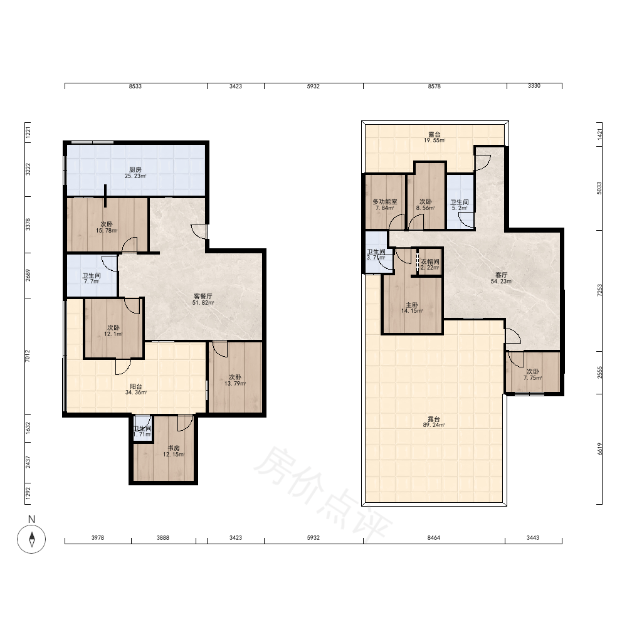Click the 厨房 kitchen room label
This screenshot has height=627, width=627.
coord(135,169)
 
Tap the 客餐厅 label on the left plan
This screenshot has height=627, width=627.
coord(203,297)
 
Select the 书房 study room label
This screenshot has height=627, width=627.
coord(174,448)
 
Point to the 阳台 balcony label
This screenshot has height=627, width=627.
coord(136,386)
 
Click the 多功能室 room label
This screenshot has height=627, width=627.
coord(385,201)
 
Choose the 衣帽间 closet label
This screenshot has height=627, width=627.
coord(430,261)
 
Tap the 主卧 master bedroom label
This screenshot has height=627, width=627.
coord(412,305)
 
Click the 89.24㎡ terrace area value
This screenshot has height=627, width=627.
coord(434,425)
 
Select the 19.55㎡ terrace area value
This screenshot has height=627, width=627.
coord(435,140)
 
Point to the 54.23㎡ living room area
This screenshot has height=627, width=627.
coord(502,281)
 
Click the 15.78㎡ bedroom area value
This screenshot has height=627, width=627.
coord(107,230)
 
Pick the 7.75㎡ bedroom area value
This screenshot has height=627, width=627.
coord(532,378)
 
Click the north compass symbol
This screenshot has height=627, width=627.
coord(31,539)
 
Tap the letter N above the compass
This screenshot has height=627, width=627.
coord(31,519)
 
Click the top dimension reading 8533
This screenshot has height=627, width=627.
coord(135,86)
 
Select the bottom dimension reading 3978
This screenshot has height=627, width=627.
coord(98,538)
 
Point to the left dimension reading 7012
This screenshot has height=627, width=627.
coord(28,356)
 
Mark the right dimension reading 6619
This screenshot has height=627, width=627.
coord(599,449)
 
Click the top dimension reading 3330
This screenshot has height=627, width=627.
coord(534,85)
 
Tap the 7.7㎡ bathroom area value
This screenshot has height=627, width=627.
coord(91,281)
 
